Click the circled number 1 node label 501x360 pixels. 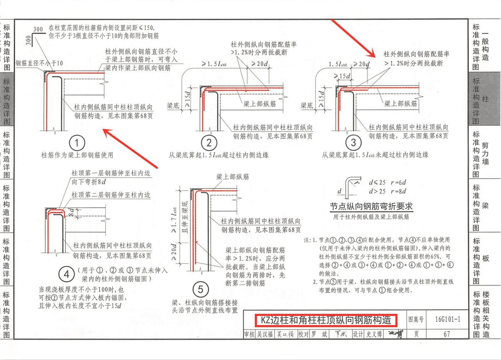point(77,143)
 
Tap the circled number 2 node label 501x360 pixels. point(209,143)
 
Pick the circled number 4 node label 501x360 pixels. point(66,274)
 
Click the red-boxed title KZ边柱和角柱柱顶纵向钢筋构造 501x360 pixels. point(326,320)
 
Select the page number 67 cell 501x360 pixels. point(447,334)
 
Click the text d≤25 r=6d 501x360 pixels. point(387,182)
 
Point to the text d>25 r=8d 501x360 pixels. point(387,191)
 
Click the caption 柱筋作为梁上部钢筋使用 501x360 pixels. point(77,155)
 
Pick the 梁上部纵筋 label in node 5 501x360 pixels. point(232,177)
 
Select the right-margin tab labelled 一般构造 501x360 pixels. point(485,46)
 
